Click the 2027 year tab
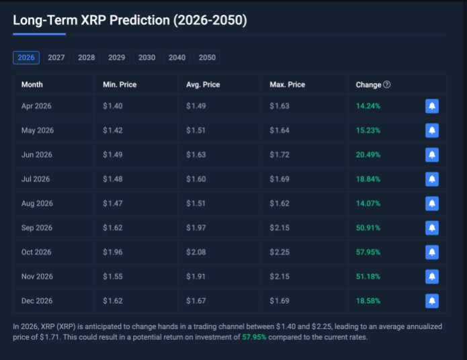pyautogui.click(x=56, y=58)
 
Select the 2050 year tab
pyautogui.click(x=207, y=58)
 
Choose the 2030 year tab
pyautogui.click(x=146, y=58)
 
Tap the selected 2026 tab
pyautogui.click(x=26, y=58)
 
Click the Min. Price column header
pyautogui.click(x=119, y=85)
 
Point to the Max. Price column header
pyautogui.click(x=287, y=85)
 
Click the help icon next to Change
pyautogui.click(x=387, y=85)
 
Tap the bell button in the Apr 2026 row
pyautogui.click(x=432, y=106)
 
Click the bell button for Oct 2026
pyautogui.click(x=432, y=252)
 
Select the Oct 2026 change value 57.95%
pyautogui.click(x=368, y=252)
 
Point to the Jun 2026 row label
pyautogui.click(x=36, y=154)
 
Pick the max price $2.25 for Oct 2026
pyautogui.click(x=280, y=252)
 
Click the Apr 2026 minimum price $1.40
pyautogui.click(x=112, y=106)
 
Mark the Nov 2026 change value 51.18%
pyautogui.click(x=368, y=276)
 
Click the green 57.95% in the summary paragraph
pyautogui.click(x=254, y=337)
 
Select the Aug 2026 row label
pyautogui.click(x=37, y=203)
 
